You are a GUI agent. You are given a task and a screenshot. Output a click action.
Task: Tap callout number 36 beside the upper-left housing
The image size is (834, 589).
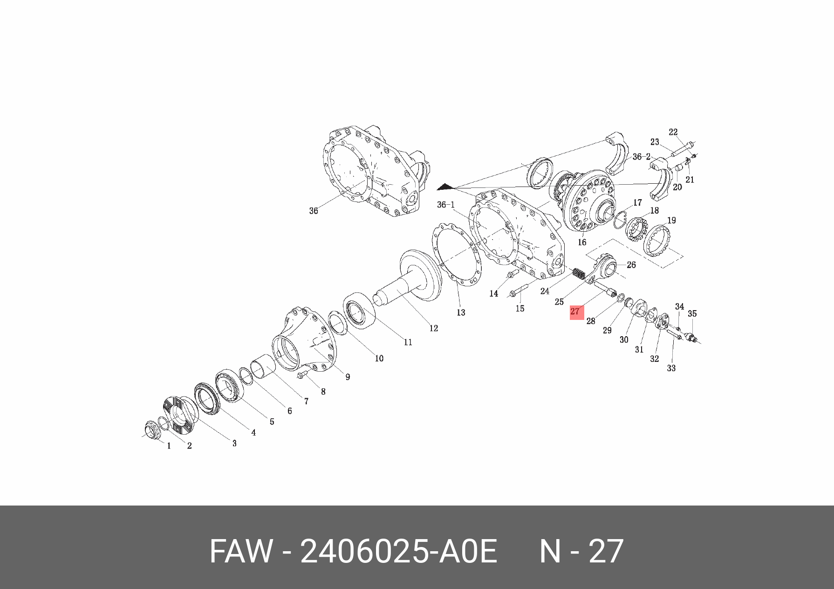pyautogui.click(x=314, y=211)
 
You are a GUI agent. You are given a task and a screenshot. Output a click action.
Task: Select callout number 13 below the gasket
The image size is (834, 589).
pyautogui.click(x=461, y=312)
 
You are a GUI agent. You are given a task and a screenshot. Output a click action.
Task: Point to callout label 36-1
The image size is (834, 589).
pyautogui.click(x=446, y=205)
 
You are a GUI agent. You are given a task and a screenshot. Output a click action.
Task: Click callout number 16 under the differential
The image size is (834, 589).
pyautogui.click(x=582, y=242)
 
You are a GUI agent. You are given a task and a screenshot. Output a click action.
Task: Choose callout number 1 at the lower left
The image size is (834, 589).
pyautogui.click(x=169, y=446)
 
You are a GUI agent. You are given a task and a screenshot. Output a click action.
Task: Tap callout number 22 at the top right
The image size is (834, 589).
pyautogui.click(x=673, y=132)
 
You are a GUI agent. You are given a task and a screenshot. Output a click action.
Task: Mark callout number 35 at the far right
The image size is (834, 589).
pyautogui.click(x=692, y=313)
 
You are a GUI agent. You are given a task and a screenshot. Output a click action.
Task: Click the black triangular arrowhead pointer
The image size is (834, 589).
pyautogui.click(x=444, y=187)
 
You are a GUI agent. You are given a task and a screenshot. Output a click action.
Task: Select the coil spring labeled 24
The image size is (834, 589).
pyautogui.click(x=578, y=274)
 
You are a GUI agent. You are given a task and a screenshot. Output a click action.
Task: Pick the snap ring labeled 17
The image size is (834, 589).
pyautogui.click(x=620, y=220)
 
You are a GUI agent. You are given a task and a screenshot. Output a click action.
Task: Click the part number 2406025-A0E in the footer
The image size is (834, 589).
pyautogui.click(x=399, y=551)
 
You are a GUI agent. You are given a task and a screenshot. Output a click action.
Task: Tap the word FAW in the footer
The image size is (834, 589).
pyautogui.click(x=240, y=551)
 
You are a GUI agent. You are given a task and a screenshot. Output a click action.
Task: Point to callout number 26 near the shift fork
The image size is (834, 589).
pyautogui.click(x=631, y=265)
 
